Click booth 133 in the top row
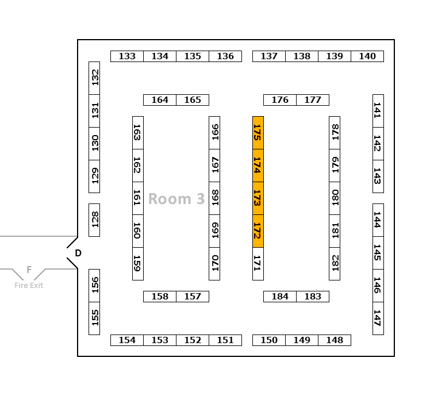tap(127, 56)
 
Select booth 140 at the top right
tap(367, 56)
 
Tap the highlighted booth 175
tap(258, 133)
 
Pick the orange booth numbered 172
tap(258, 231)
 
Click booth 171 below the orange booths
tap(258, 264)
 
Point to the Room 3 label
tap(176, 199)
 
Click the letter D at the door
tap(78, 253)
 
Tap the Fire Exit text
tap(29, 286)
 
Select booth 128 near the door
tap(94, 220)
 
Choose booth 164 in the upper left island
tap(160, 100)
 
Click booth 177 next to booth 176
tap(313, 100)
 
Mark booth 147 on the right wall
tap(378, 318)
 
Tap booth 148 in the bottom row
tap(335, 340)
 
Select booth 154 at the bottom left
tap(127, 340)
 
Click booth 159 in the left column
tap(138, 264)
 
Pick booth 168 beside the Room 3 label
tap(214, 198)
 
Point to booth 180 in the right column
tap(335, 198)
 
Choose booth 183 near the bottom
tap(313, 297)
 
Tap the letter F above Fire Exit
tap(29, 270)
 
